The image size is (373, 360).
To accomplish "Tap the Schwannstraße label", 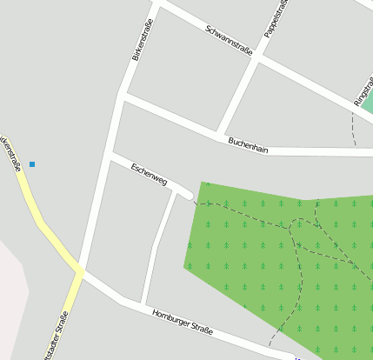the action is pyautogui.click(x=229, y=40).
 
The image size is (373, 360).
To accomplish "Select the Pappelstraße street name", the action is pyautogui.click(x=276, y=17).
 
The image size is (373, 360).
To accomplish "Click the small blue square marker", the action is pyautogui.click(x=32, y=163).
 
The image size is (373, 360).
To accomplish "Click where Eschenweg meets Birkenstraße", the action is pyautogui.click(x=110, y=155).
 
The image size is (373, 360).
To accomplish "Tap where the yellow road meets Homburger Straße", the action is pyautogui.click(x=81, y=272).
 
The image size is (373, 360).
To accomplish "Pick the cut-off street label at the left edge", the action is pyautogui.click(x=10, y=151).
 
